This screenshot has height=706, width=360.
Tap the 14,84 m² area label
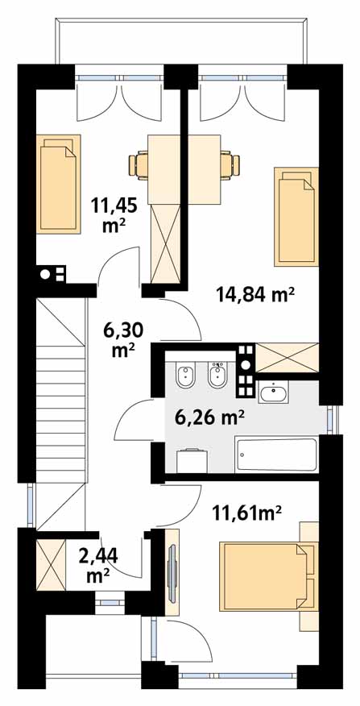(255, 296)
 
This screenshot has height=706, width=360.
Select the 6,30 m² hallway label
(123, 340)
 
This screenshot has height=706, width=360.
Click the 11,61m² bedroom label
(247, 512)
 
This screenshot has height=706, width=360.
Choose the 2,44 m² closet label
(98, 565)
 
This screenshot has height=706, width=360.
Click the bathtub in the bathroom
(277, 455)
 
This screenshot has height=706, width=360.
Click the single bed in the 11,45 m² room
(60, 184)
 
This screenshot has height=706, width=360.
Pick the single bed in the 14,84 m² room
(296, 217)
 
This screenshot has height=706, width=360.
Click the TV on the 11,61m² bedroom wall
(172, 571)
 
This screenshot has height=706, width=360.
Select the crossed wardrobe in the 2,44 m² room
(51, 565)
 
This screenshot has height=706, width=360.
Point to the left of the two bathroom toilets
(185, 376)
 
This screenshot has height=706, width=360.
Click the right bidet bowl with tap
(218, 375)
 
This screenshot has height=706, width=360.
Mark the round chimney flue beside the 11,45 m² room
(45, 274)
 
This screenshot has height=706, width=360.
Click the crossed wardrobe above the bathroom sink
(287, 358)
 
